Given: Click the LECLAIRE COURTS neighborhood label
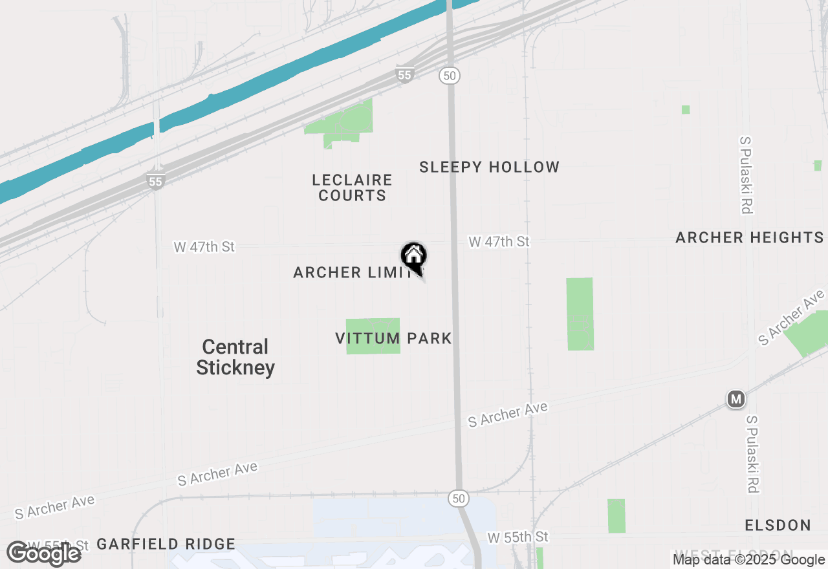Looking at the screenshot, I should coord(352,188).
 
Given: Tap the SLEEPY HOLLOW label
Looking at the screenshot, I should coord(489,167).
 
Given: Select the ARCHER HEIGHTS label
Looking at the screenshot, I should coord(749,237).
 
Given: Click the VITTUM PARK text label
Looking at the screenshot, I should coord(393,338).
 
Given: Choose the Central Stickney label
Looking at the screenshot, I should coord(235,357).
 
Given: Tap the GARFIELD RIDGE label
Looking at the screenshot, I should coord(166,544).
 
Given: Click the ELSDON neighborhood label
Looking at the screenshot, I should coord(778,524).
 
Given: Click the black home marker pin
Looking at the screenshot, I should coord(414,257).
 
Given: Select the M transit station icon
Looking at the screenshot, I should coord(735,399).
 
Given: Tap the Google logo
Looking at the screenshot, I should coord(44,553).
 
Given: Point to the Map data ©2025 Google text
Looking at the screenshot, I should coord(748,560).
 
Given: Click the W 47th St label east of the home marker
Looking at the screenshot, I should coord(499,242).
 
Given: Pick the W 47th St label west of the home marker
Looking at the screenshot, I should coord(204,246).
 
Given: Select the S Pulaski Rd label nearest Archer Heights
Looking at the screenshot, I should coord(746,175).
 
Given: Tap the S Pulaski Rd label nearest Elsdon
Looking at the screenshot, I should coord(752,454).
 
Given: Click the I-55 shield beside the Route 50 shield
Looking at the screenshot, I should coord(404,76).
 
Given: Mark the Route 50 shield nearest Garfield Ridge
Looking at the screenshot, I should coord(458,499).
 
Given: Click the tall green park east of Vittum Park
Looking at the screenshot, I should coord(580,314).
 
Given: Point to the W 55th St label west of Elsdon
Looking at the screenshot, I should coord(517,537).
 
